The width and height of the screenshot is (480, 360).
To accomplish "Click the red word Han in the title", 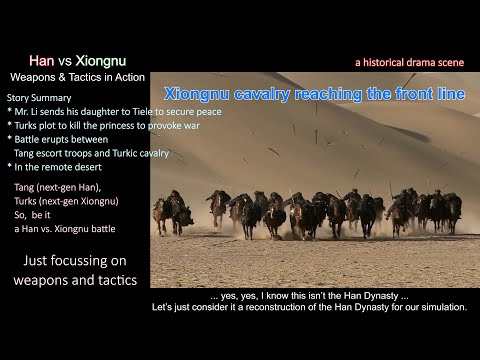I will click(41, 60).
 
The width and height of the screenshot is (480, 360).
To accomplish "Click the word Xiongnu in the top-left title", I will click(99, 60).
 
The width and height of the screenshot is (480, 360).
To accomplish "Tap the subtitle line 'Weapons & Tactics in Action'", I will click(77, 77).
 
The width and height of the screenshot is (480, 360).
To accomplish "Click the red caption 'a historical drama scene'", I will click(410, 62).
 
